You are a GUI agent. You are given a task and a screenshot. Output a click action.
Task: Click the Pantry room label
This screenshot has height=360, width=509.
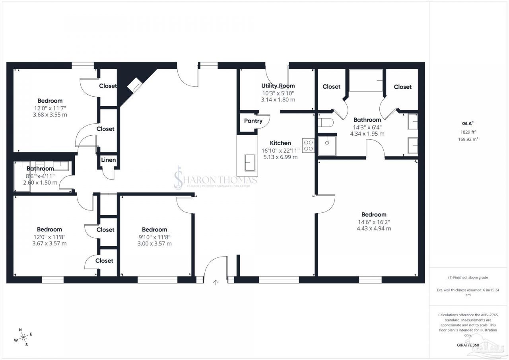point(253,121)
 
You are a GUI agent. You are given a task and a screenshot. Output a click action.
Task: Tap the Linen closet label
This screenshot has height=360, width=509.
point(109,160)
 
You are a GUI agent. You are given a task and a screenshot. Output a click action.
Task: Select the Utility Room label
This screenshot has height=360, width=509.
point(278,86)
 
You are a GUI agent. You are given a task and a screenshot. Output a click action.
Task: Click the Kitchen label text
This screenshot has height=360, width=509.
point(280,143)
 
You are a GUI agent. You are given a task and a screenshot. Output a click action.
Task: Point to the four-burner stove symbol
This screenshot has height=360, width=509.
point(308,146)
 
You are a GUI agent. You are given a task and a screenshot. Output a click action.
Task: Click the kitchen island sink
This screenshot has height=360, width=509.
point(250,163)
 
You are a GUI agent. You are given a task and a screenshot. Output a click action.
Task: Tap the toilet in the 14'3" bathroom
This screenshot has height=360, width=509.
point(325,123)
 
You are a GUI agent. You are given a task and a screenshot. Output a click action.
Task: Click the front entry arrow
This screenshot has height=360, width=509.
point(216,282)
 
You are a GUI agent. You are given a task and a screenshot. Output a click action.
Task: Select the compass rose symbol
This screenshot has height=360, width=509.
point(23,337)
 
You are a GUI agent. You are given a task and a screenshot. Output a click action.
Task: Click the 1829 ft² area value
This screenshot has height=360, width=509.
point(468,132)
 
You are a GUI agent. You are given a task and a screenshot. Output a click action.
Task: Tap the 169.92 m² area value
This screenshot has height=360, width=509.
point(468,139)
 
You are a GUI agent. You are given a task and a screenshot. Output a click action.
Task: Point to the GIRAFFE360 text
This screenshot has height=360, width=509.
point(468,345)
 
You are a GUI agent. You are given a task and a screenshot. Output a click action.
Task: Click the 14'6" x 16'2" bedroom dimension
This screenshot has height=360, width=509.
point(374,222)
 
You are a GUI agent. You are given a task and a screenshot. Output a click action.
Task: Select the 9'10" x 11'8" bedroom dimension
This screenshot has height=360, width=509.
point(155,237)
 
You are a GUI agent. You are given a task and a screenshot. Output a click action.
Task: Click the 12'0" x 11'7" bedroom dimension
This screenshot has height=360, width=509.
point(50,108)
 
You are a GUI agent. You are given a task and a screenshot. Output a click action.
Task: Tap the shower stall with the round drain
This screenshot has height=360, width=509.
point(327,146)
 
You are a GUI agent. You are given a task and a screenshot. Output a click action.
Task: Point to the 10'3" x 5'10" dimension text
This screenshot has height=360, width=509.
point(278,93)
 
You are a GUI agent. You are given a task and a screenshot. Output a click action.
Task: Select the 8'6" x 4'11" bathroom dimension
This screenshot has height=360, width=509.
point(40,176)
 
